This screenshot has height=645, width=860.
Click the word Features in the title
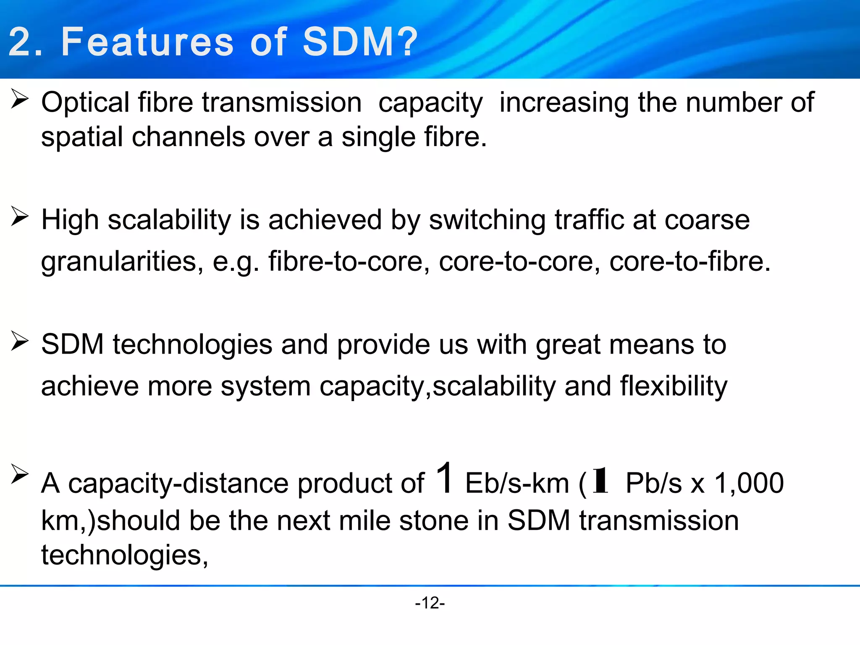pyautogui.click(x=147, y=42)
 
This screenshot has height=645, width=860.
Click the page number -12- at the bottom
pyautogui.click(x=430, y=603)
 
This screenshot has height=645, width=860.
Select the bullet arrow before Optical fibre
pyautogui.click(x=19, y=99)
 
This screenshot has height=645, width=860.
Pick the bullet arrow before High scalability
pyautogui.click(x=19, y=216)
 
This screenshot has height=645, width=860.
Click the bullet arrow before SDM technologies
pyautogui.click(x=19, y=341)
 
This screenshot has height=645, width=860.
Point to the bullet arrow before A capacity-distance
pyautogui.click(x=19, y=475)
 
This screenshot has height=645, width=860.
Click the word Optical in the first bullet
pyautogui.click(x=85, y=103)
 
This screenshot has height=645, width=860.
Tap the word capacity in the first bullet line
pyautogui.click(x=430, y=104)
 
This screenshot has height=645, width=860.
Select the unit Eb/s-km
pyautogui.click(x=517, y=483)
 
